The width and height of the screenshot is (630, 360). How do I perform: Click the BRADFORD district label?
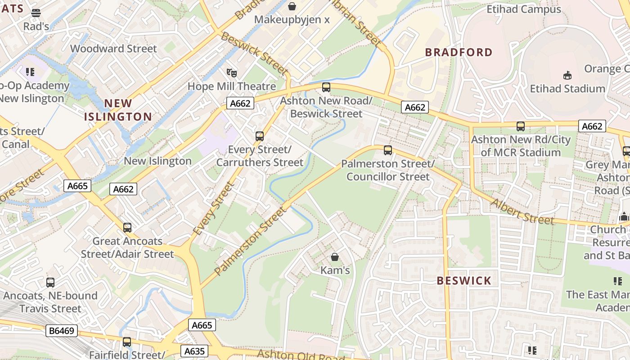click(459, 52)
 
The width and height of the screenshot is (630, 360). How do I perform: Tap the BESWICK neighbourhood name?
click(464, 281)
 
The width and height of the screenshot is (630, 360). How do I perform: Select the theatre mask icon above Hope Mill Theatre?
click(232, 72)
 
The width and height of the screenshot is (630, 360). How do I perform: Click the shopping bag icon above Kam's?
click(335, 257)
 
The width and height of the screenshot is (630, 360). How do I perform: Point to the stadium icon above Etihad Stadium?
click(567, 75)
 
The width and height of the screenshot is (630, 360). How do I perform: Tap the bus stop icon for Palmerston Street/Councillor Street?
click(387, 150)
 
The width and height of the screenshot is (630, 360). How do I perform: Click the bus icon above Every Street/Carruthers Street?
click(259, 136)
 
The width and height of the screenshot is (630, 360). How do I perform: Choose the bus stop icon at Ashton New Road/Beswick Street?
click(326, 87)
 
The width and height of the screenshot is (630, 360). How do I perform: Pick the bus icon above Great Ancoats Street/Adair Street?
click(127, 228)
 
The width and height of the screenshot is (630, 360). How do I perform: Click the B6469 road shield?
click(61, 331)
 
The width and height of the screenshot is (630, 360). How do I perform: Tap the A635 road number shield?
click(195, 351)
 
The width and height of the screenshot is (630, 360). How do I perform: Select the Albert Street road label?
click(522, 211)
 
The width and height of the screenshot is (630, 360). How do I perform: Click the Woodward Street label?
click(113, 49)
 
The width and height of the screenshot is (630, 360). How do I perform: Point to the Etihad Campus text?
click(524, 9)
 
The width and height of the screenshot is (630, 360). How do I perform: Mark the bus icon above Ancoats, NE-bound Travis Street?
click(50, 283)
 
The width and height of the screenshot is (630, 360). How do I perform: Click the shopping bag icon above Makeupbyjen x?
click(292, 6)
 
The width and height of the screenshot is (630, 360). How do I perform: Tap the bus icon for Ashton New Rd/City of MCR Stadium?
click(521, 126)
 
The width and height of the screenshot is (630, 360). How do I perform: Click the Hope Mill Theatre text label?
click(231, 86)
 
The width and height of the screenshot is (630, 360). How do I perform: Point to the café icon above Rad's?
click(36, 13)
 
